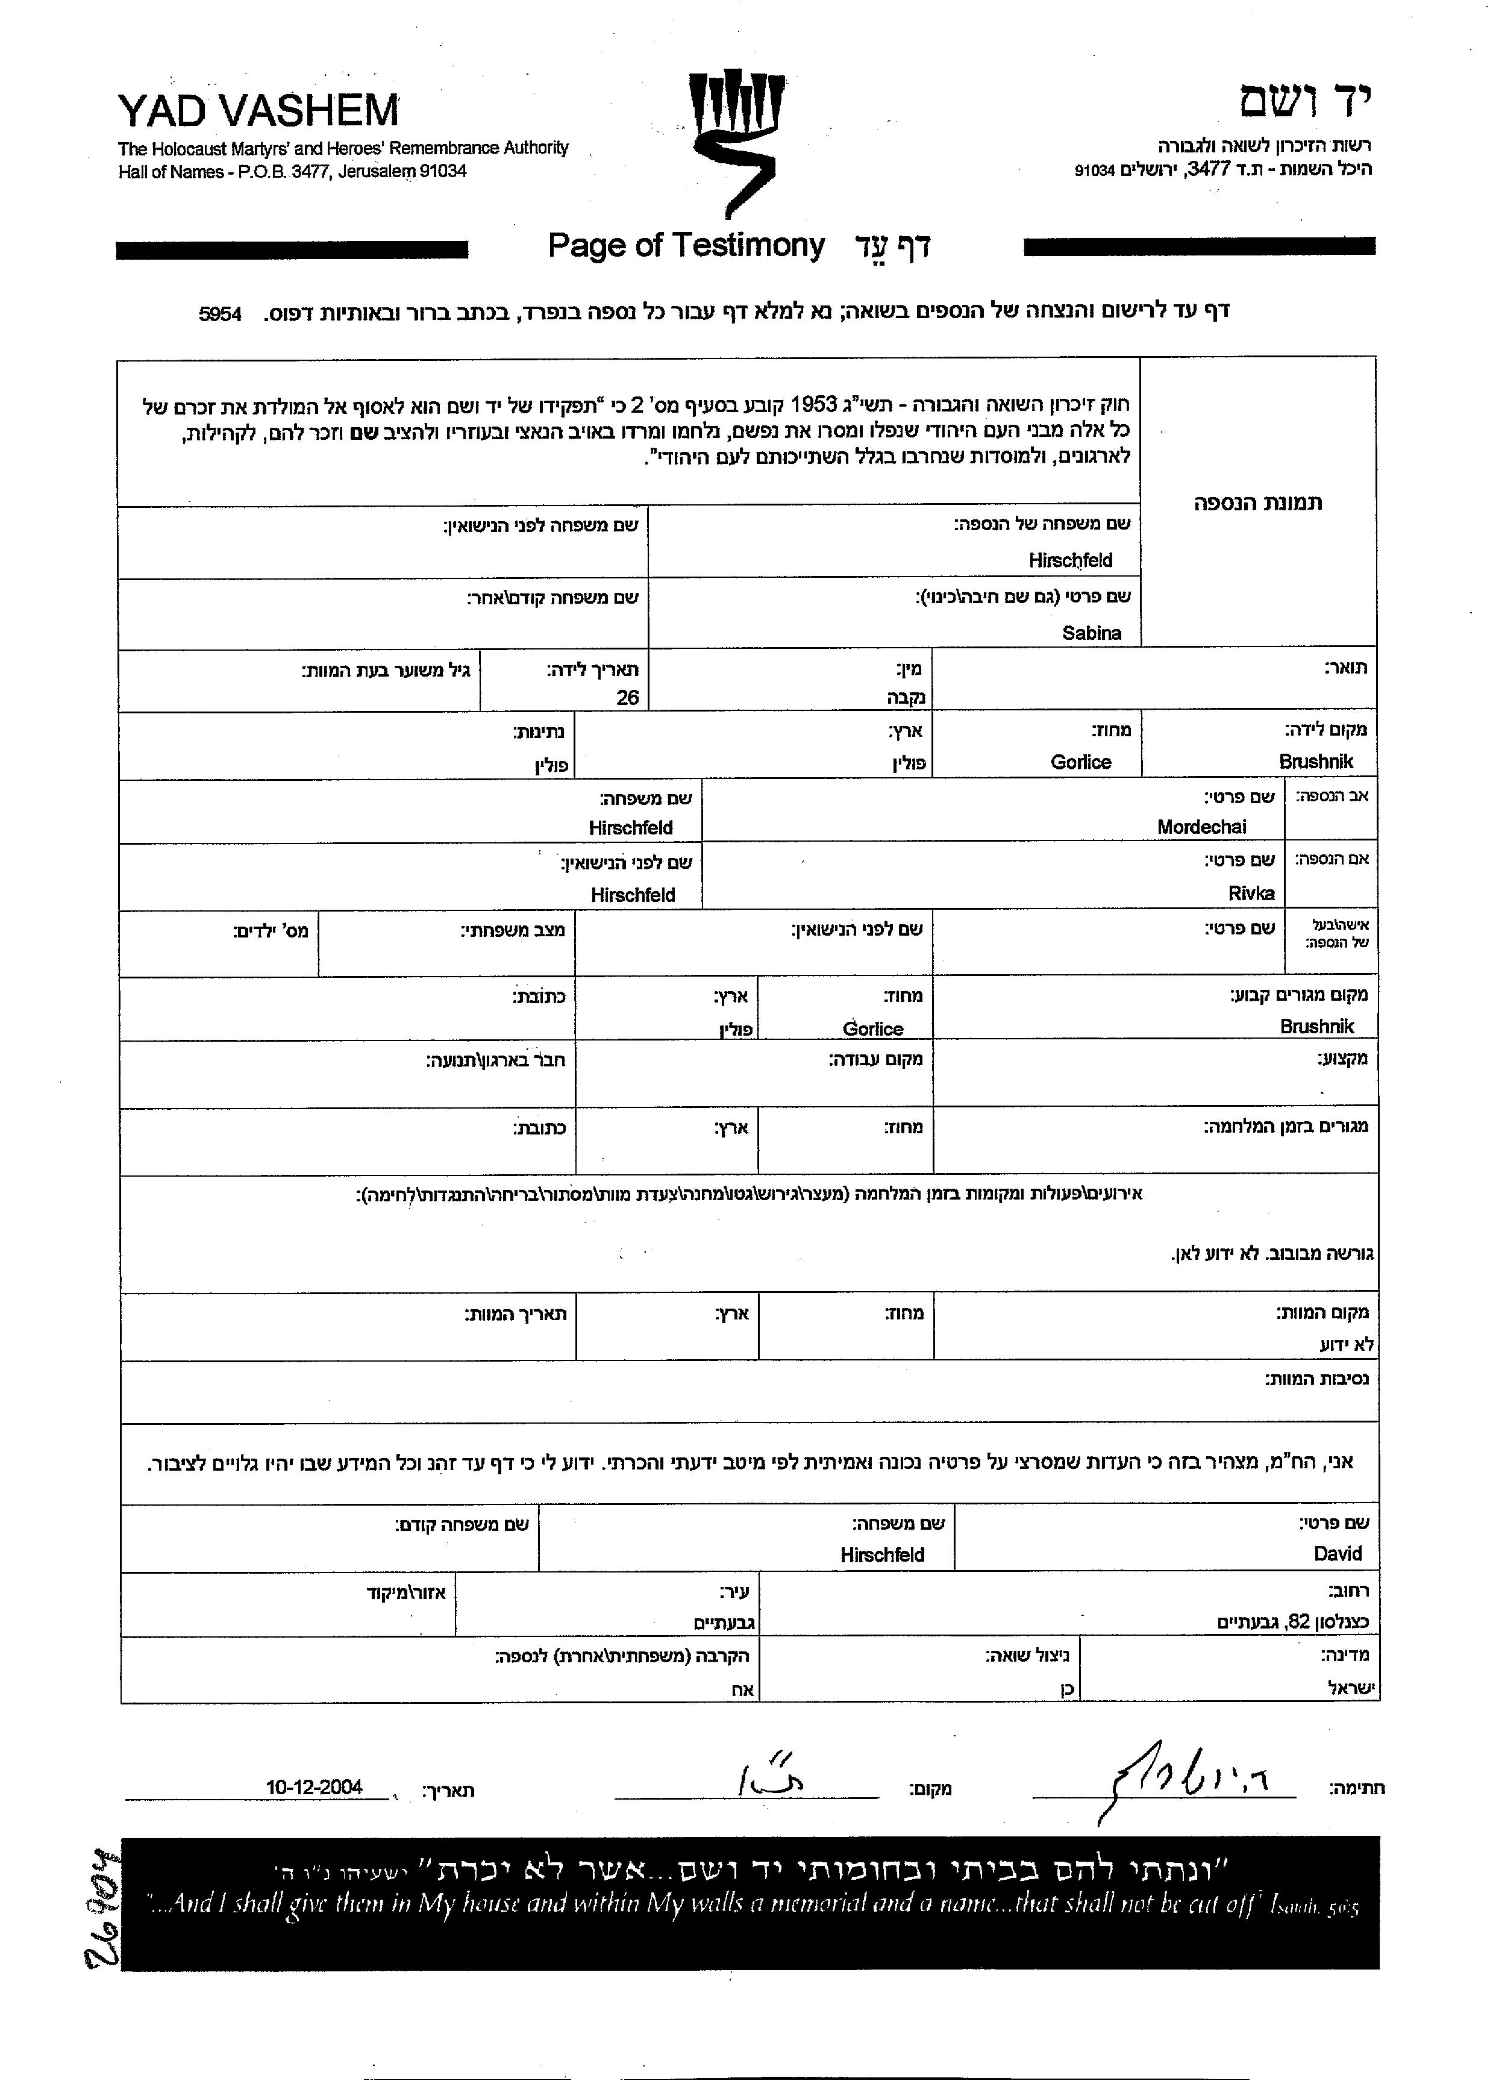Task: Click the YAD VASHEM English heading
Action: [258, 111]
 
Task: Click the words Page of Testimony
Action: [686, 246]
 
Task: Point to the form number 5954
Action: [221, 314]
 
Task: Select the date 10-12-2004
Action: [314, 1788]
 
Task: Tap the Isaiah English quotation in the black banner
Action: [753, 1905]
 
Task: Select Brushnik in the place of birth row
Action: [1315, 762]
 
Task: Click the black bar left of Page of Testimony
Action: [292, 249]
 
